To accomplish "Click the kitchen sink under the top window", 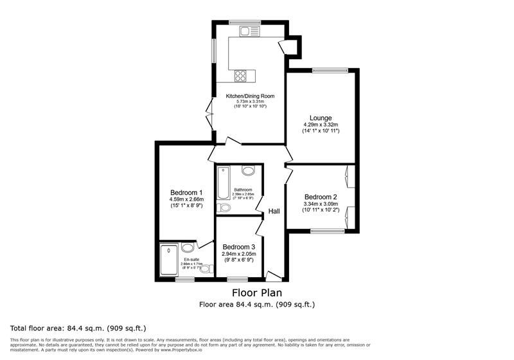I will pyautogui.click(x=249, y=30).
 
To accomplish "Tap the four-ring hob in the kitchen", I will pyautogui.click(x=242, y=76).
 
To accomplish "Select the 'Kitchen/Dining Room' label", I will pyautogui.click(x=250, y=96).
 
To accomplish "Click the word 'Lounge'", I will pyautogui.click(x=320, y=118).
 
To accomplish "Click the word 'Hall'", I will pyautogui.click(x=274, y=212).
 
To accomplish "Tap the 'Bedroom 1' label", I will pyautogui.click(x=186, y=192).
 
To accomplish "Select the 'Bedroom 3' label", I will pyautogui.click(x=239, y=247).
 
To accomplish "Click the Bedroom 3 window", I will pyautogui.click(x=238, y=279).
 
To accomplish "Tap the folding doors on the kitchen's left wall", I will pyautogui.click(x=209, y=116).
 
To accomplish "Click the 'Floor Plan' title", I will pyautogui.click(x=256, y=293).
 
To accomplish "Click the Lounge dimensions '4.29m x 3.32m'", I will pyautogui.click(x=321, y=125).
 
